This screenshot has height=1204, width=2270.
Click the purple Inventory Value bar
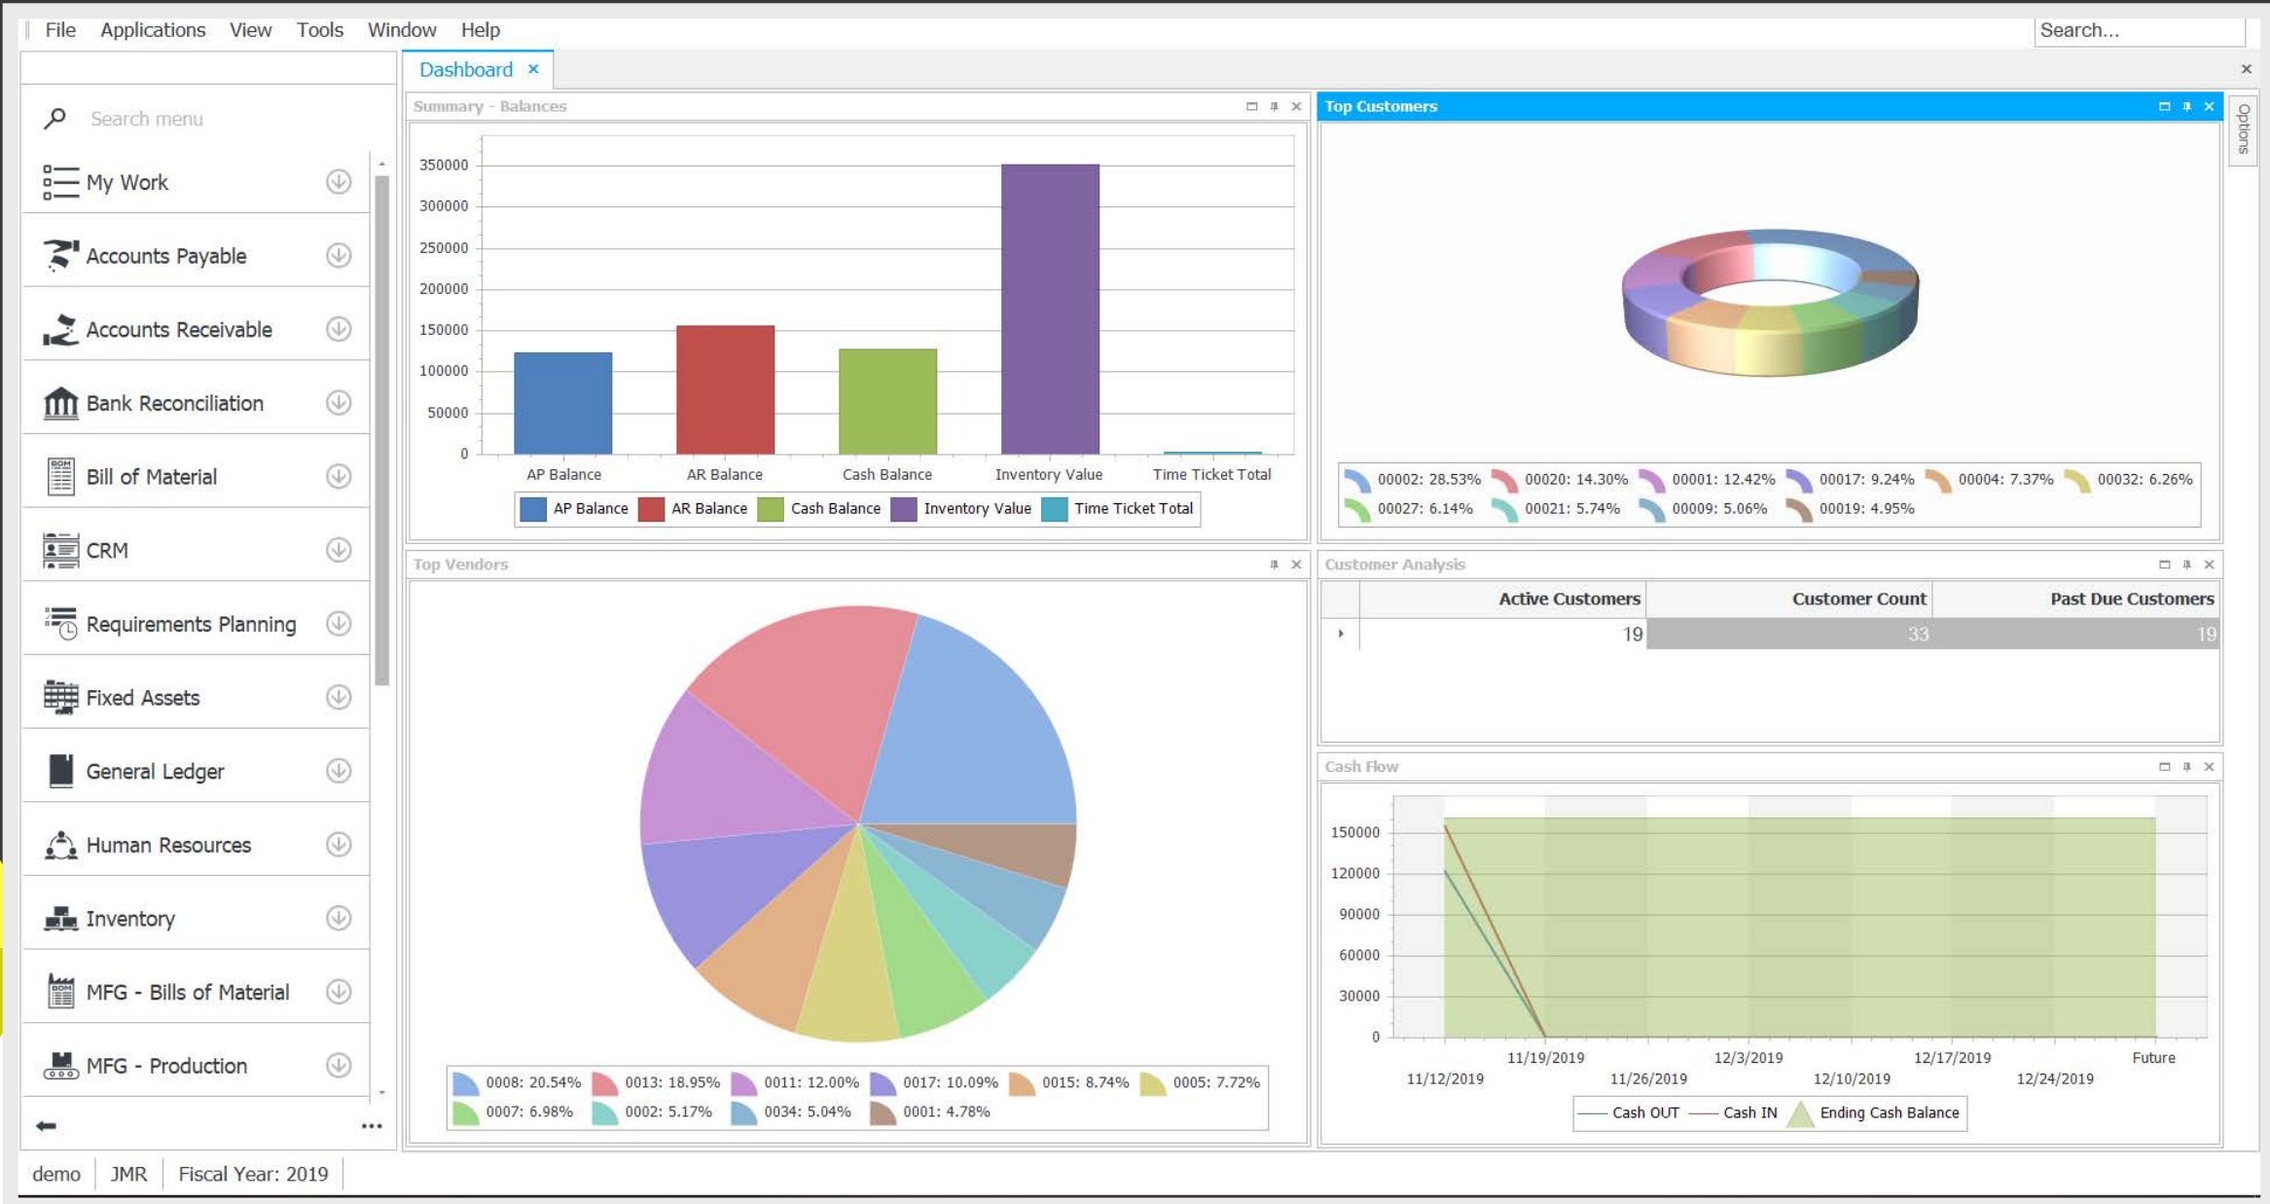tap(1050, 309)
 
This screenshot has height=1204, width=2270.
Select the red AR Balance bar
tap(725, 389)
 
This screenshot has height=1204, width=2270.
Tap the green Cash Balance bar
tap(887, 401)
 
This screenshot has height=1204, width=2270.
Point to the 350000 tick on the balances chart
tap(444, 165)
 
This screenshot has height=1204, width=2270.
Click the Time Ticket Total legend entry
tap(1120, 508)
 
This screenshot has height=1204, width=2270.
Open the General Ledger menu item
tap(155, 771)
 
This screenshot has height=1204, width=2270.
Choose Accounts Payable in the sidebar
tap(165, 256)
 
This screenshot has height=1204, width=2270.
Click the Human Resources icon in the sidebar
tap(60, 845)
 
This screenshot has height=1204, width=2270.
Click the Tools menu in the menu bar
tap(319, 30)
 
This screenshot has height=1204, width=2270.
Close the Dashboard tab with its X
tap(533, 69)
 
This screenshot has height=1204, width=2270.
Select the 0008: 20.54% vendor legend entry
tap(519, 1082)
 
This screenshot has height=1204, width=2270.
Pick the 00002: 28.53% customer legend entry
tap(1414, 479)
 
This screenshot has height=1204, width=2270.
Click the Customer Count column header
tap(1858, 599)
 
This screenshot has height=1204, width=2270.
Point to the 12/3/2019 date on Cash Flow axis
tap(1748, 1057)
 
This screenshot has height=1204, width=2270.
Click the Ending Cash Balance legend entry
tap(1876, 1113)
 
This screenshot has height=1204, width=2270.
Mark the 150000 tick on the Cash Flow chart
tap(1354, 832)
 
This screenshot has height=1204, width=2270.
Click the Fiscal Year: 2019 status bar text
tap(253, 1174)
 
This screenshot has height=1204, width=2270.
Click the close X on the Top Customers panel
tap(2209, 106)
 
